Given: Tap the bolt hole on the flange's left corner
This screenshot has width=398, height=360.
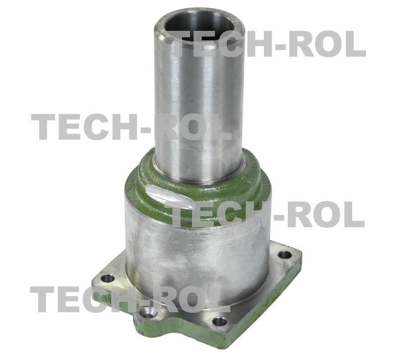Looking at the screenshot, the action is tap(107, 278).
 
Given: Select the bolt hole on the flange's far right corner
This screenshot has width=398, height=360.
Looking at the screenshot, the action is tap(285, 254).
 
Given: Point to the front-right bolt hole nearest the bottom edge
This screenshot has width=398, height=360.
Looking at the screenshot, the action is tap(219, 322).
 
